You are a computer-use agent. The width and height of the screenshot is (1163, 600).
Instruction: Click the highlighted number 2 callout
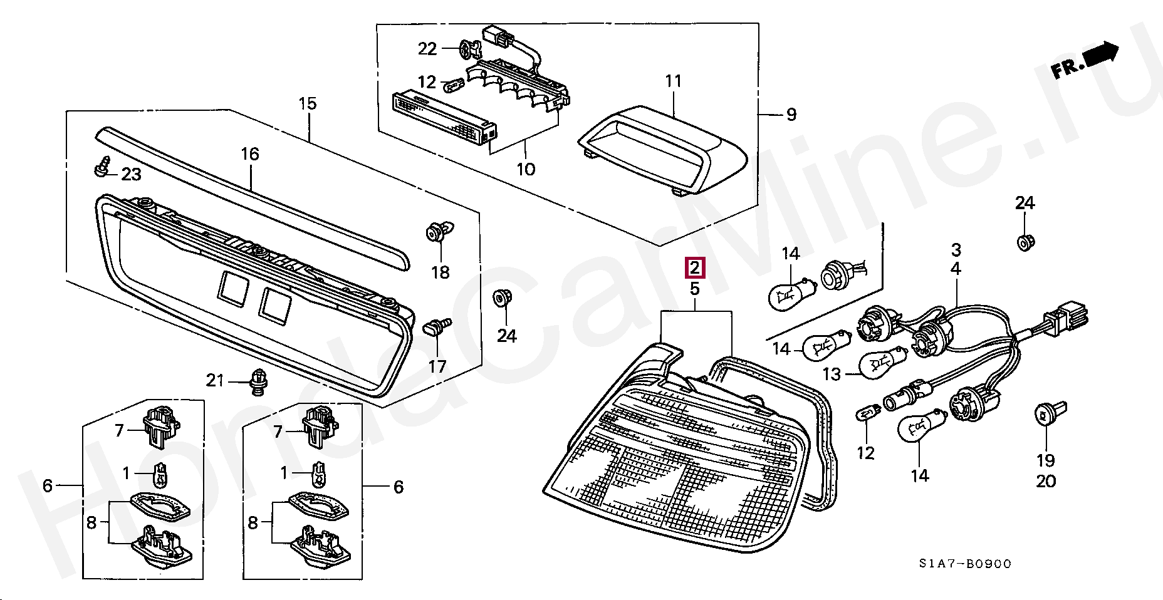click(x=696, y=268)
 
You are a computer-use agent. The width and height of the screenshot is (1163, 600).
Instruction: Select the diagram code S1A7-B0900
click(x=965, y=564)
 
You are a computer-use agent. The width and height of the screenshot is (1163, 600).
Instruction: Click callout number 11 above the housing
click(x=673, y=81)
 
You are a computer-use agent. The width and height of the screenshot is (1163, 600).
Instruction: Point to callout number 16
click(x=250, y=154)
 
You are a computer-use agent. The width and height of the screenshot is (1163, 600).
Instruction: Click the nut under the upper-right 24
click(x=1025, y=241)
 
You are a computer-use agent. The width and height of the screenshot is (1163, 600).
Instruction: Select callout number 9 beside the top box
click(x=791, y=115)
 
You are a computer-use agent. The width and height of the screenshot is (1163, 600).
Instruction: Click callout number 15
click(x=308, y=103)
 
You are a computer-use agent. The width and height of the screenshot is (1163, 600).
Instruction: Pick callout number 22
click(x=427, y=48)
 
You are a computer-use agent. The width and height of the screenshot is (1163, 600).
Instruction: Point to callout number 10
click(x=525, y=169)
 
